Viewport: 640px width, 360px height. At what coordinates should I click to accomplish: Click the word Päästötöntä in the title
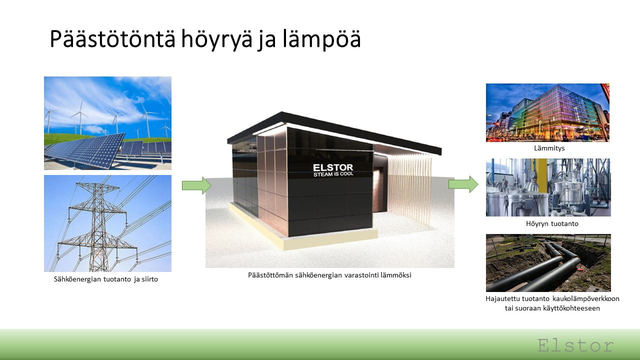tap(112, 38)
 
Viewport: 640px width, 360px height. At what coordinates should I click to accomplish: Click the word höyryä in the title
tap(217, 39)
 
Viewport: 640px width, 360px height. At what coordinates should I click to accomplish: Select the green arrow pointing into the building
tap(196, 185)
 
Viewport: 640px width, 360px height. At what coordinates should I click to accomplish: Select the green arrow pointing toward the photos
tap(463, 184)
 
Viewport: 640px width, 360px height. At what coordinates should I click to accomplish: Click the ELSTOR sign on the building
tap(333, 167)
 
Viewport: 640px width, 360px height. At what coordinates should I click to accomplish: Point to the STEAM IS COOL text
tap(333, 174)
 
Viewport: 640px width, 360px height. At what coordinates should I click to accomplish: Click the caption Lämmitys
tap(549, 148)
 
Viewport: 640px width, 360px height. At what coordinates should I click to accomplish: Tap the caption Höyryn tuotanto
tap(552, 223)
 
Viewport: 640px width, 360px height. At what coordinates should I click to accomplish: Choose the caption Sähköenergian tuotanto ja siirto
tap(105, 279)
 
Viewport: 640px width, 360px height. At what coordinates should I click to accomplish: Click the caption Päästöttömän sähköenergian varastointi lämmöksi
tap(329, 275)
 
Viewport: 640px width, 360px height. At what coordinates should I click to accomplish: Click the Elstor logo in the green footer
tap(575, 345)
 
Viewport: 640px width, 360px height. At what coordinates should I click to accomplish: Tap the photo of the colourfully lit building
tap(547, 112)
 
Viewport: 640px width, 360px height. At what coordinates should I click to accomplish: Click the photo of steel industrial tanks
tap(548, 187)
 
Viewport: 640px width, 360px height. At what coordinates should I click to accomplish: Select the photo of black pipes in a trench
tap(548, 263)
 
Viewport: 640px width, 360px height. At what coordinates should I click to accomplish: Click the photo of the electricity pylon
tap(107, 223)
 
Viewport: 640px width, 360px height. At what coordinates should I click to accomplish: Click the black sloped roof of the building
tap(334, 131)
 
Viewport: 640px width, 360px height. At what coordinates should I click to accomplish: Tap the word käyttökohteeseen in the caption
tap(567, 308)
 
